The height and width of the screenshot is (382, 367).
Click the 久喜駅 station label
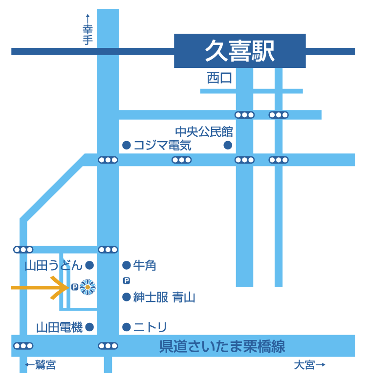click(239, 51)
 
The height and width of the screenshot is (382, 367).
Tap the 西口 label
click(219, 78)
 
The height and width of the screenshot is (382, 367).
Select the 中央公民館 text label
click(204, 132)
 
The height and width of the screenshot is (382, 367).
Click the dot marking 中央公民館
click(227, 145)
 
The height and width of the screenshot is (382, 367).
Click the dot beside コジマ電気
click(126, 145)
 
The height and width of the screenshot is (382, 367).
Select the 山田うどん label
click(54, 266)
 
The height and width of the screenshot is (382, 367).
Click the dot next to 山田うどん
click(89, 265)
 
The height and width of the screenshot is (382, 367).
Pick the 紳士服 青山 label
click(164, 297)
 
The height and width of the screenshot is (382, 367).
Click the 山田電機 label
click(60, 328)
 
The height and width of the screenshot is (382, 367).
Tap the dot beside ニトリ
click(126, 327)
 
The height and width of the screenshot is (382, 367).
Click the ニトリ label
click(150, 327)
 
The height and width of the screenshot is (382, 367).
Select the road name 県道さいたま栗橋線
click(222, 347)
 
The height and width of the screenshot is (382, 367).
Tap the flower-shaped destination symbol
click(87, 287)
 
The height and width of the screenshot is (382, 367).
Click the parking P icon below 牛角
click(127, 281)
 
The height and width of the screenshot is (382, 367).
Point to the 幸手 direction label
click(87, 35)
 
